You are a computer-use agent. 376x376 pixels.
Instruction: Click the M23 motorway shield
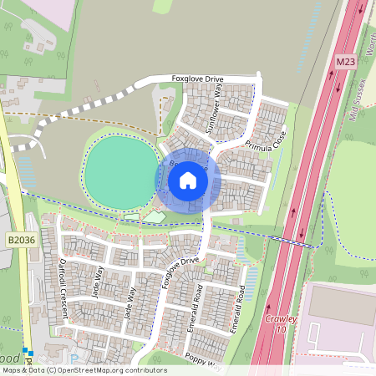pos(347,62)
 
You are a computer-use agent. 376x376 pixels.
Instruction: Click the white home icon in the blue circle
pos(188,180)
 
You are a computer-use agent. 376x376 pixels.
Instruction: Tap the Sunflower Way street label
pos(216,108)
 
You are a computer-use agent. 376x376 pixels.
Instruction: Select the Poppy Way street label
pos(205,362)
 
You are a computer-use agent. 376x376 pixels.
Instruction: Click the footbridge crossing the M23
pos(297,243)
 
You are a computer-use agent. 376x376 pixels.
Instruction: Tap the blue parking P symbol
pos(28,352)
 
